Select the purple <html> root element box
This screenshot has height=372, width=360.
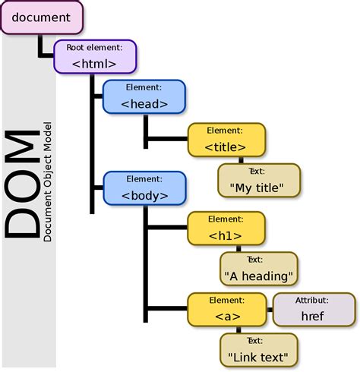point(94,57)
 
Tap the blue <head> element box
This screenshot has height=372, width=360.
point(144,97)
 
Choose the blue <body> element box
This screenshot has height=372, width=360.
point(144,188)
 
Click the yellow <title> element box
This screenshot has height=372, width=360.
point(226,139)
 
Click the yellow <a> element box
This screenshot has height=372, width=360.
point(226,310)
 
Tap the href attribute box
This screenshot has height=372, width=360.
point(314,310)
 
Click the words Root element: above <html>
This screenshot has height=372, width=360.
point(94,47)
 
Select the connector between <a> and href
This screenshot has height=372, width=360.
point(269,310)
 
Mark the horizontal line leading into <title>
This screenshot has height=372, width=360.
point(167,139)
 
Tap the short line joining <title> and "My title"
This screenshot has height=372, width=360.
point(240,159)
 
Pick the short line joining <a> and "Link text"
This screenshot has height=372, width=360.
point(240,329)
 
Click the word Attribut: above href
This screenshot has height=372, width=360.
point(314,300)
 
